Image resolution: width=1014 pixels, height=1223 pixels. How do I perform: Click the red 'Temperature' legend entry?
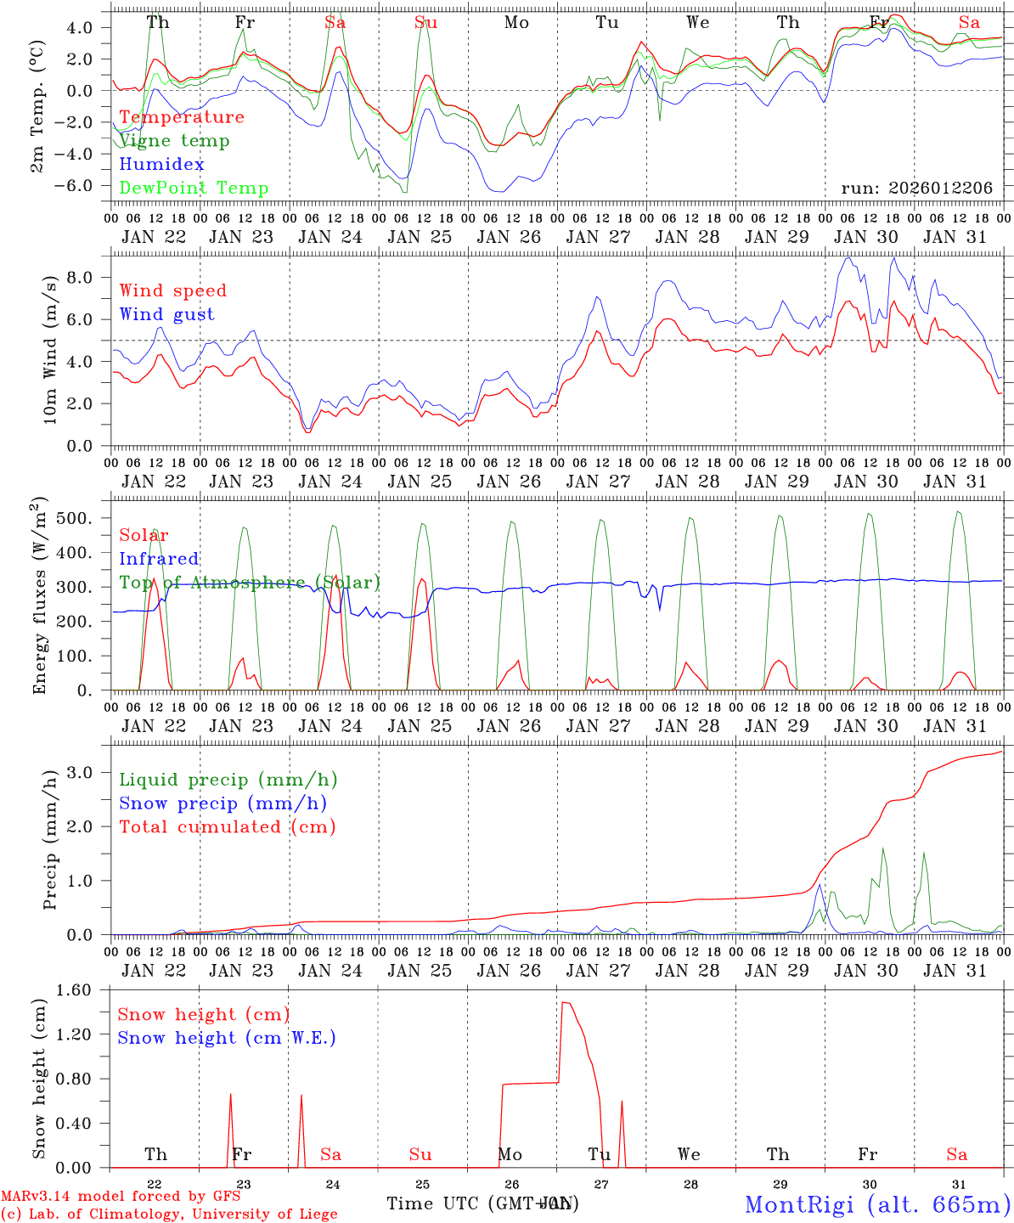click(181, 117)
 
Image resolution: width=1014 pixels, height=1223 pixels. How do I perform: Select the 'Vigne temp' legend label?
click(174, 141)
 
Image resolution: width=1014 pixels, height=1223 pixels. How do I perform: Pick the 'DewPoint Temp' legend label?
click(194, 189)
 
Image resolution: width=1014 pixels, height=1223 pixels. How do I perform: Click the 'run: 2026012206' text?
click(916, 188)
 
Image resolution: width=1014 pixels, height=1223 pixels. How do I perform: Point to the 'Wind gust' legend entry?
click(166, 314)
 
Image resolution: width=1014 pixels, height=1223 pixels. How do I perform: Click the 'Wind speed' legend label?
click(172, 290)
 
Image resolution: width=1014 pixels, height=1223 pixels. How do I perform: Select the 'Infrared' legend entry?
click(159, 559)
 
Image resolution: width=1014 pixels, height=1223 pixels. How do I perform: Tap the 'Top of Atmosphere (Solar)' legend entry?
click(249, 583)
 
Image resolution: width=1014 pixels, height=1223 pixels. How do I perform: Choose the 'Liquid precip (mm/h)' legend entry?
click(228, 780)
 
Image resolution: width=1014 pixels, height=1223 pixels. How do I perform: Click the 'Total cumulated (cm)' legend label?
click(227, 826)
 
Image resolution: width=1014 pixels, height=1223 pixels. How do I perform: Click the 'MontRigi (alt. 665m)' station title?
click(877, 1203)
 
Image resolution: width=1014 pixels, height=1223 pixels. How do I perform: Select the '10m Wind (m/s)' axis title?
click(49, 350)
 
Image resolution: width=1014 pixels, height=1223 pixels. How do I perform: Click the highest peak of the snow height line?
click(565, 1003)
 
